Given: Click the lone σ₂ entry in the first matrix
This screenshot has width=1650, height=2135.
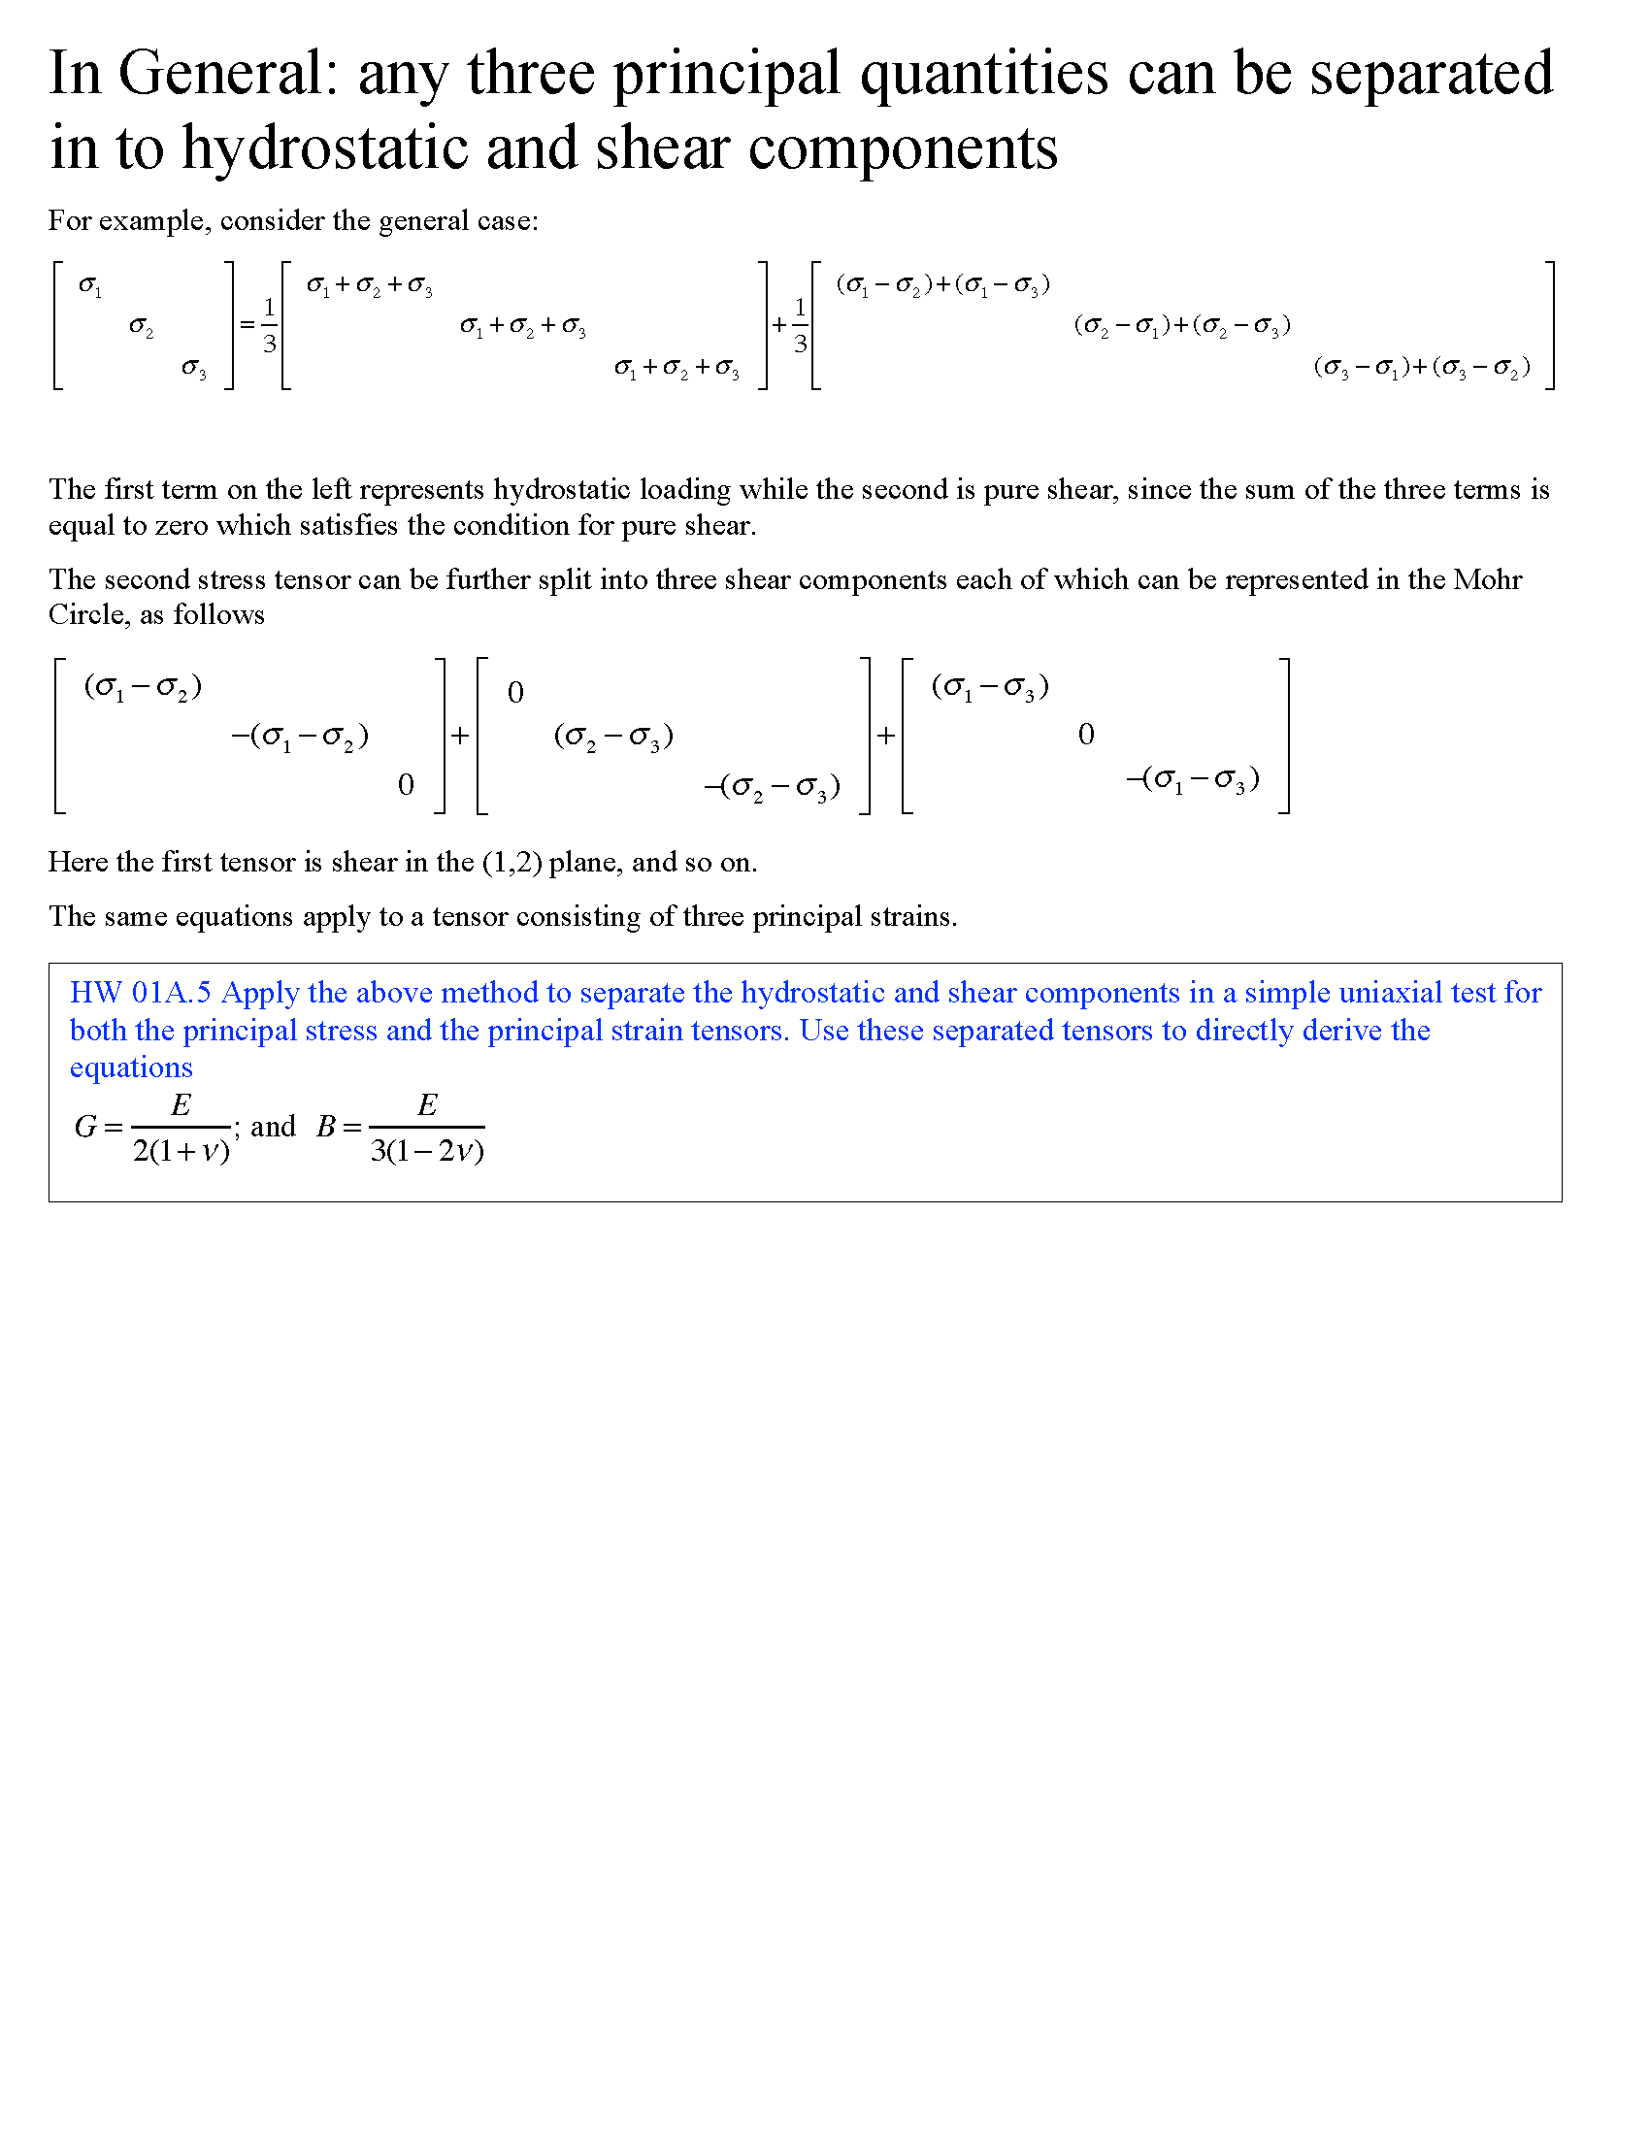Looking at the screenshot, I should click(x=141, y=327).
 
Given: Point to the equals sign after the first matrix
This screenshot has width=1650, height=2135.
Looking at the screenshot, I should click(x=247, y=324).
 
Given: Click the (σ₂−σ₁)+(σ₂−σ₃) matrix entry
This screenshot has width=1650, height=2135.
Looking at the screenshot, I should click(x=1182, y=325).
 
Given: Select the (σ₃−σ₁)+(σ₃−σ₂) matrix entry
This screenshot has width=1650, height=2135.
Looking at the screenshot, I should click(x=1421, y=368).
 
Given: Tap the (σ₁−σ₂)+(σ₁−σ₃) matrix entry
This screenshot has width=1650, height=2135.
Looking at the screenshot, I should click(x=943, y=284).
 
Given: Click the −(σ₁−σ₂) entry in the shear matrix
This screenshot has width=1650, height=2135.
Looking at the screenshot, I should click(x=299, y=737).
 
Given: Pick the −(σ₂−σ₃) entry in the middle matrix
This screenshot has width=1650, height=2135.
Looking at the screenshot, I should click(x=773, y=787).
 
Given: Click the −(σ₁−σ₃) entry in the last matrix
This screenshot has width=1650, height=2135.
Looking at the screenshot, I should click(x=1193, y=780).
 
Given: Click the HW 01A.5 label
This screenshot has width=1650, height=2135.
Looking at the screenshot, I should click(x=140, y=993).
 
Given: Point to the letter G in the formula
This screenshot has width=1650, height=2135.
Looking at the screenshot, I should click(x=85, y=1127).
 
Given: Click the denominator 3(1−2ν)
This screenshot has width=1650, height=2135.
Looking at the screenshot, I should click(x=427, y=1152).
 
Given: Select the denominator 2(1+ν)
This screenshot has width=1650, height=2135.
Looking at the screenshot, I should click(x=181, y=1152).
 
